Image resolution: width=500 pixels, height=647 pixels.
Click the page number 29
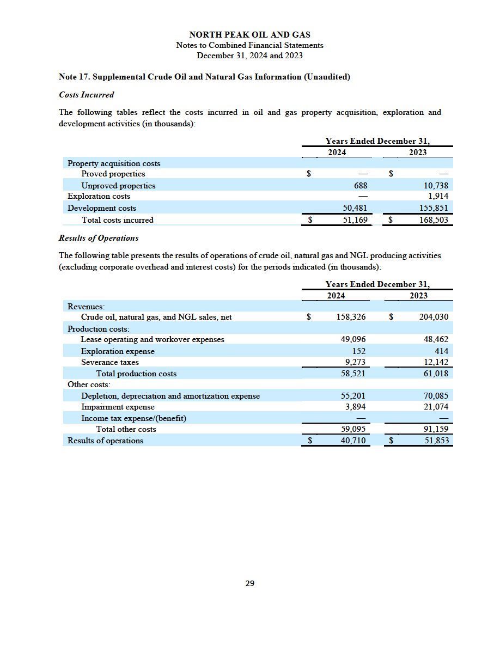(x=250, y=583)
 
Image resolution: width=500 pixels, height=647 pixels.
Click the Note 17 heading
(x=204, y=77)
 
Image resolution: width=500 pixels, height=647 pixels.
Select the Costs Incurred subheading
(x=86, y=95)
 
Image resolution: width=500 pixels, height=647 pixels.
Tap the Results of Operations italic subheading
(x=98, y=238)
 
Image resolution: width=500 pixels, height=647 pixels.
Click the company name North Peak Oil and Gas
(x=250, y=35)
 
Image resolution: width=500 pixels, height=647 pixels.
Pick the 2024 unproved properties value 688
(x=361, y=186)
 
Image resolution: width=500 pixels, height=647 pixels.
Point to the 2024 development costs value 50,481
(x=355, y=208)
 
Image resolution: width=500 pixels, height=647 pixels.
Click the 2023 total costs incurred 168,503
(x=434, y=220)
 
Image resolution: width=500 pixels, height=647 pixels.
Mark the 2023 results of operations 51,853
(x=436, y=441)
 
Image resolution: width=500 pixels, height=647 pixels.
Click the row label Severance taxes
(x=110, y=362)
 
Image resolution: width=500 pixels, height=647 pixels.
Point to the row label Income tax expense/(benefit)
(x=133, y=418)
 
